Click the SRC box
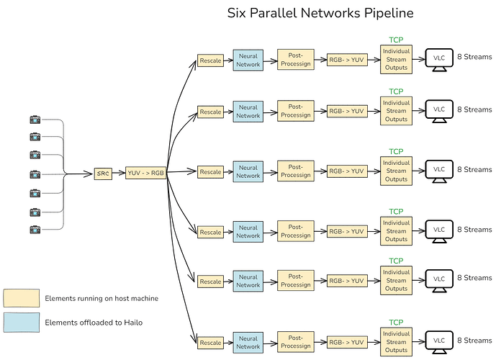(x=103, y=174)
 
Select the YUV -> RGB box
(x=145, y=173)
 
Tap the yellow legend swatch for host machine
(x=21, y=298)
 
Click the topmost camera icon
(x=35, y=120)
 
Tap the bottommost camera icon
(x=35, y=230)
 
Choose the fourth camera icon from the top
(x=35, y=174)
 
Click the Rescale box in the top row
(x=210, y=61)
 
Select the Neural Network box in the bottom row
(x=248, y=342)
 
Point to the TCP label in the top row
(x=396, y=40)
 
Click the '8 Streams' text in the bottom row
(x=474, y=341)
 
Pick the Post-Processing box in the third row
(x=295, y=171)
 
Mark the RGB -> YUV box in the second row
(x=346, y=112)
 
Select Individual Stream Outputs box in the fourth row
(x=396, y=231)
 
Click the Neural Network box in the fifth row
(x=248, y=281)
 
